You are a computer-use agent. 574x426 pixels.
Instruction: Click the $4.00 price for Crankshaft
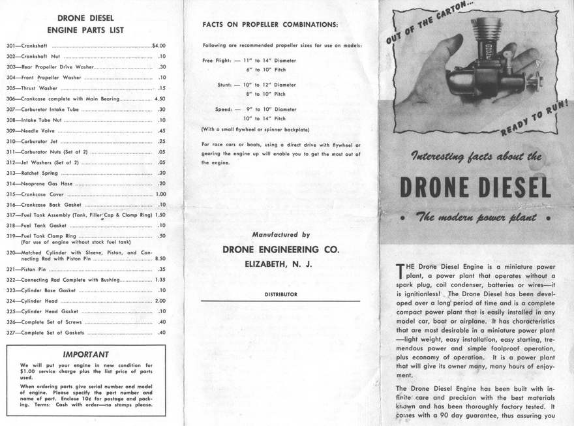[x=159, y=46]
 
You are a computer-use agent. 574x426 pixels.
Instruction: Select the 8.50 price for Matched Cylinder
[x=159, y=259]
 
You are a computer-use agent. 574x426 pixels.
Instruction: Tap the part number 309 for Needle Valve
[x=11, y=130]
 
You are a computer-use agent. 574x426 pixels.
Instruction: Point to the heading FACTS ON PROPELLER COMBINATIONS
[x=270, y=25]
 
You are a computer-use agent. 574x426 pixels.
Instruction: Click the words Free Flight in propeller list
[x=217, y=59]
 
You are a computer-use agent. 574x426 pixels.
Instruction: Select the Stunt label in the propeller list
[x=224, y=85]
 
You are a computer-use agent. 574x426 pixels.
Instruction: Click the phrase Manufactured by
[x=280, y=235]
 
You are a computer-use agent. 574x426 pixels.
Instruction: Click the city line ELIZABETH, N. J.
[x=279, y=264]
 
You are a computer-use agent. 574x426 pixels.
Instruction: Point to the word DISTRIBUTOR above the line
[x=280, y=295]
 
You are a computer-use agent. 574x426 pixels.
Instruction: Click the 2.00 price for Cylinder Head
[x=160, y=301]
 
